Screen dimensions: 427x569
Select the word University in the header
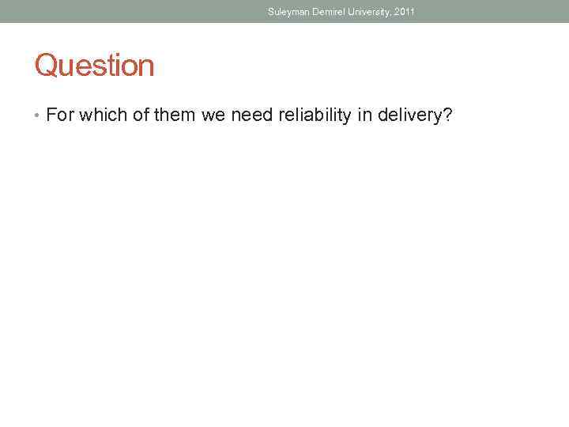(367, 12)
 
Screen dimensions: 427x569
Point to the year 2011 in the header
(404, 12)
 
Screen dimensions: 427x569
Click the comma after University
(390, 14)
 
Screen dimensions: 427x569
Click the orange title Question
(94, 66)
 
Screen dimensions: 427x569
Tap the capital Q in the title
(46, 66)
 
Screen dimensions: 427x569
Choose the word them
(175, 116)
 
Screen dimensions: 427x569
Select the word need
(250, 116)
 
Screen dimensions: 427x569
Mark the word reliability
(314, 116)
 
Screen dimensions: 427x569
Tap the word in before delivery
(364, 116)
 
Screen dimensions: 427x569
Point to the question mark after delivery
(447, 116)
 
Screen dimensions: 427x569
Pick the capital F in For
(51, 116)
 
